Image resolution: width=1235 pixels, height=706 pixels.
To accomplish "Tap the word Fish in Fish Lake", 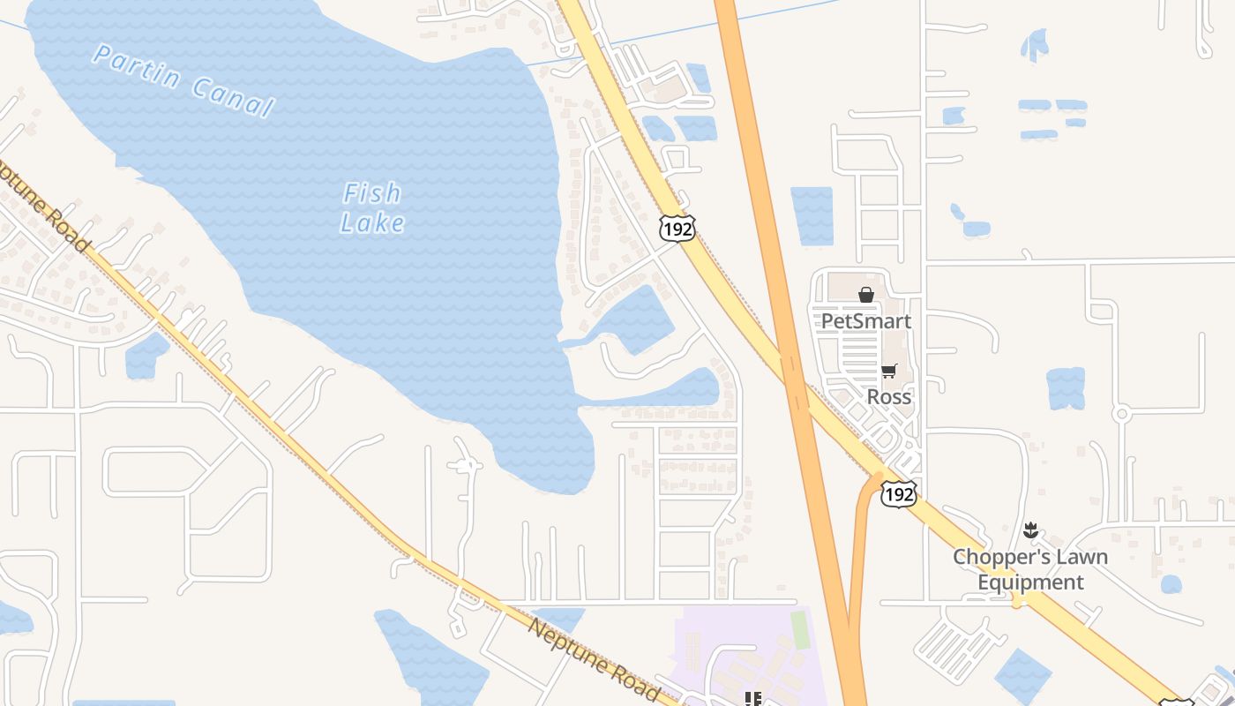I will pos(371,192).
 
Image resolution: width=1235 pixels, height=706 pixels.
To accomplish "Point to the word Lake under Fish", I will pos(372,222).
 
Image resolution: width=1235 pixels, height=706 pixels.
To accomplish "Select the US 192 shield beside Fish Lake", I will pos(677,228).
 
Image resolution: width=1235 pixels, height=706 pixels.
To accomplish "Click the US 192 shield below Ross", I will pos(898,494).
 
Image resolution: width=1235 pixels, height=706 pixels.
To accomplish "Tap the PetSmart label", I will pos(865,320).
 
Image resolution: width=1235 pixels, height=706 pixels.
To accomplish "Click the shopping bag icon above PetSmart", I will pos(866,295).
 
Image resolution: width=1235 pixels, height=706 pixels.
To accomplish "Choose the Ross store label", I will pos(888,396).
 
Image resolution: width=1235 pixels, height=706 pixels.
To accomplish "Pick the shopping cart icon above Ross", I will pos(888,372).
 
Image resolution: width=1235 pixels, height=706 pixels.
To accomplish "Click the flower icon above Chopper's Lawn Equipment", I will pos(1029,530).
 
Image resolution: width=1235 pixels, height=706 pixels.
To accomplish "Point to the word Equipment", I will pos(1030,582).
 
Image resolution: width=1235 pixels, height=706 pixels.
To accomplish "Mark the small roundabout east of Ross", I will pos(1121,413).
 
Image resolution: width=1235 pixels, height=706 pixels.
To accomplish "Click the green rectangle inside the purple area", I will pos(799,629).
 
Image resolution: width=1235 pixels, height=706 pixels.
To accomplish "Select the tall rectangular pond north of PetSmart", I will pos(812,216).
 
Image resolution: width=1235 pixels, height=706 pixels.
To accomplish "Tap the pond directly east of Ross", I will pos(1066,388).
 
